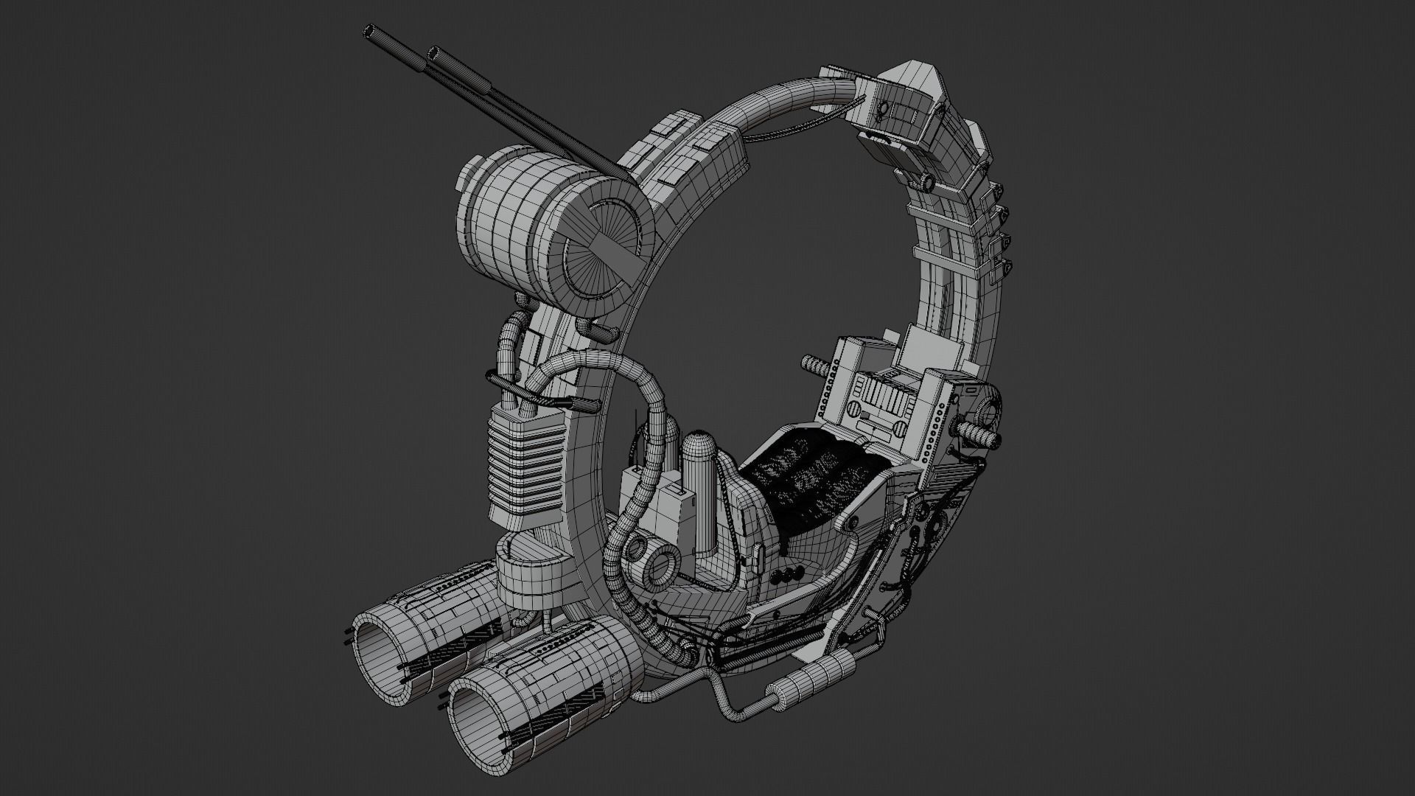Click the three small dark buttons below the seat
(x=792, y=573)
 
